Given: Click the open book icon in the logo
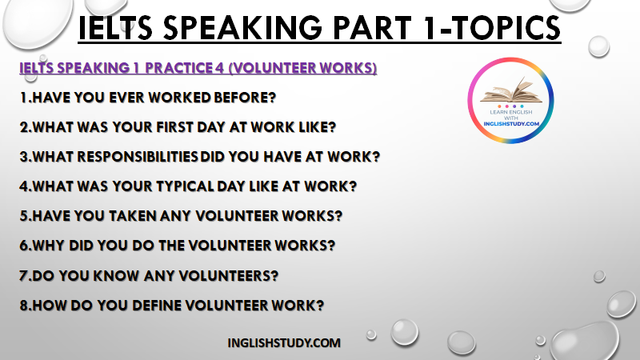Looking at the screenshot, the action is tap(511, 90).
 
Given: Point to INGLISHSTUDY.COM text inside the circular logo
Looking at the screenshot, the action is tap(511, 124).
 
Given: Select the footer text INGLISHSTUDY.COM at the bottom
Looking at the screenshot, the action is tap(284, 343).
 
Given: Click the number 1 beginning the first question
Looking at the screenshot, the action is tap(24, 98).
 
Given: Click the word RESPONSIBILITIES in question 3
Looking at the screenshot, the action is tap(138, 157).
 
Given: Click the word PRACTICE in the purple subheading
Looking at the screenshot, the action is tap(178, 68).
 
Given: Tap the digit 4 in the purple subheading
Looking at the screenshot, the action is tap(219, 68).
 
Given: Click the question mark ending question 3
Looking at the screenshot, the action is tap(375, 157).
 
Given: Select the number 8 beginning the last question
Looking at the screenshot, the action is tap(24, 306).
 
